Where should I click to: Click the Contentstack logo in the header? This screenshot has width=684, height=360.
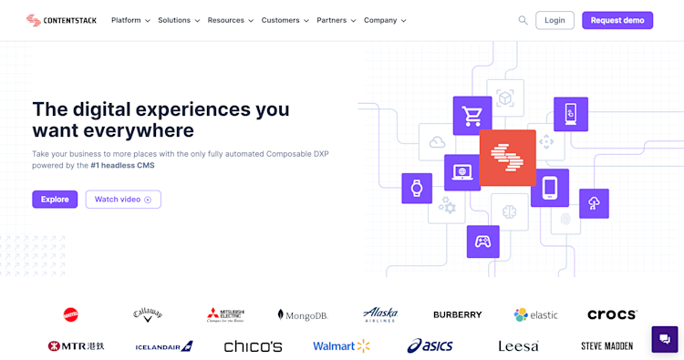click(61, 20)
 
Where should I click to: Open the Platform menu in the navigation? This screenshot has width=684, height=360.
click(130, 20)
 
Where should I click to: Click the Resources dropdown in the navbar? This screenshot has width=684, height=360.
click(230, 20)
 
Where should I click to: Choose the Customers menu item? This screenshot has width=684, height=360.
click(285, 20)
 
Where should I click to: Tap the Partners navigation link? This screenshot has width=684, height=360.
click(336, 20)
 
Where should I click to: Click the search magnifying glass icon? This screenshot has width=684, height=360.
click(523, 20)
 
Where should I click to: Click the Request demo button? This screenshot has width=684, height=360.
click(617, 20)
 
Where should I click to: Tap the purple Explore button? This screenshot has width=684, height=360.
click(55, 200)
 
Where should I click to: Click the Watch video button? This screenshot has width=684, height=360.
click(123, 200)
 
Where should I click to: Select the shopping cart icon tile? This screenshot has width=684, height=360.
click(472, 116)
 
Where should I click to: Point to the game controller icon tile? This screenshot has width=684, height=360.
click(482, 242)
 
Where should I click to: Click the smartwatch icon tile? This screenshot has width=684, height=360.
click(417, 189)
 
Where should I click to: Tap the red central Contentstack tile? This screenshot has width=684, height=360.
click(507, 158)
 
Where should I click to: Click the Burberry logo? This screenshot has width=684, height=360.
click(457, 314)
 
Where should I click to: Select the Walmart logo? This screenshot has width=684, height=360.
click(341, 346)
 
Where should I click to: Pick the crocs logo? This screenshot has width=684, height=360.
click(612, 314)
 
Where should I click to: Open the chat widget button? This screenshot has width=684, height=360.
click(665, 339)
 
